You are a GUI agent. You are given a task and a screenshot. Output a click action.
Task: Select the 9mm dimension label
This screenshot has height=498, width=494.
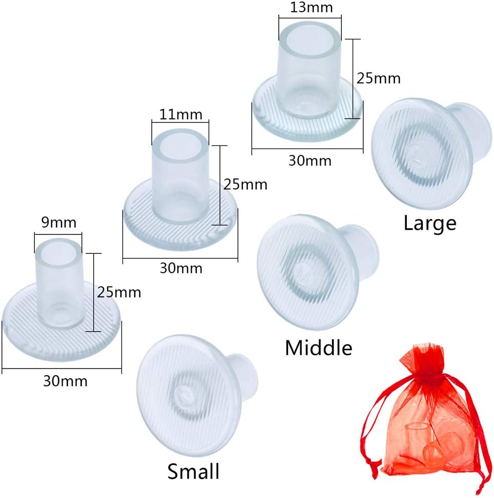tap(58, 223)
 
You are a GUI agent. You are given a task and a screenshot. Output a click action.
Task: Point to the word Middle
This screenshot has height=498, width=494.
tap(318, 348)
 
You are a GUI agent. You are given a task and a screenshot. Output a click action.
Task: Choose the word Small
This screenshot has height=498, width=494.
tap(194, 470)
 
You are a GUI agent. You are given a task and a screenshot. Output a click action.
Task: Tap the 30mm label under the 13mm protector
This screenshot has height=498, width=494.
tap(309, 161)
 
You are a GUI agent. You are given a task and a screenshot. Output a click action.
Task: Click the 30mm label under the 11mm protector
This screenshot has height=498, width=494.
tap(180, 268)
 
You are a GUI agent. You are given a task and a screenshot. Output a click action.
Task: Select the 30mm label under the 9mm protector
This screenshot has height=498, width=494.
tap(65, 381)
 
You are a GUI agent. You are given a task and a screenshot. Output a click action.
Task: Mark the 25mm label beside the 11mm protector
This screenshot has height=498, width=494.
tap(245, 184)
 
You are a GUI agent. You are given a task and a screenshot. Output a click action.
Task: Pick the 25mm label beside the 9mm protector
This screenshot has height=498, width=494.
tap(118, 293)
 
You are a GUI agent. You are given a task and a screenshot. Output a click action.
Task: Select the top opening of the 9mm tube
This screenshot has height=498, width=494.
tap(58, 249)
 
